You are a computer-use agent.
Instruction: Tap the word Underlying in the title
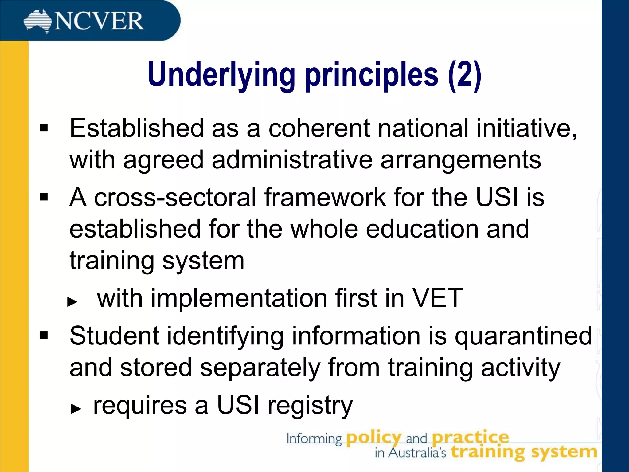coord(221,75)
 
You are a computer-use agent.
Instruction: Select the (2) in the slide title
coord(464,75)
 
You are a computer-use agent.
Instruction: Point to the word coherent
coord(319,128)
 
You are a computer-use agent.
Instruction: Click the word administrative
coord(292,160)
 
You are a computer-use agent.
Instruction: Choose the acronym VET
coord(437,298)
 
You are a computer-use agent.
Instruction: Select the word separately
coord(260,368)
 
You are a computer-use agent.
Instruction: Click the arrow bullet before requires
coord(76,409)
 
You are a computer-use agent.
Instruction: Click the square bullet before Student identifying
coord(44,335)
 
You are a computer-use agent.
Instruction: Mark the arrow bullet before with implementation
coord(72,302)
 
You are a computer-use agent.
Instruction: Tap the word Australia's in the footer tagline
coord(417,453)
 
